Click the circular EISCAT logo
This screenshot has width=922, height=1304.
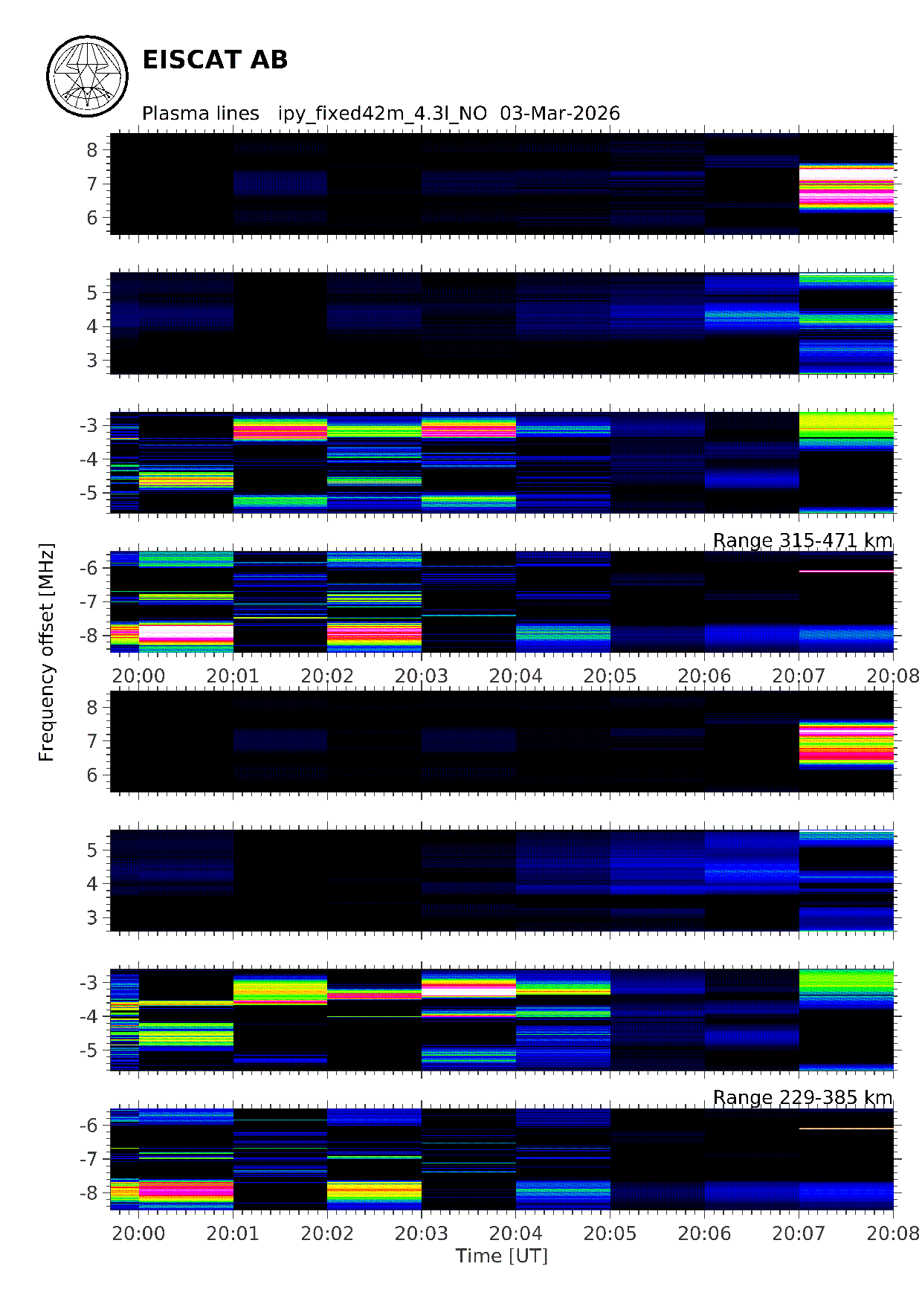point(87,76)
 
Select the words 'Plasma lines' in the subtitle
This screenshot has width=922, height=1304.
point(200,114)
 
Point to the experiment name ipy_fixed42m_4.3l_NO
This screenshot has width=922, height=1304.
point(382,114)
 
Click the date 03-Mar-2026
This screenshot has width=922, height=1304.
point(559,114)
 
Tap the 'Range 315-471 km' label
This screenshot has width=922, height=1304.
point(802,540)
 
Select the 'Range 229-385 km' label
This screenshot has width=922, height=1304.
point(802,1098)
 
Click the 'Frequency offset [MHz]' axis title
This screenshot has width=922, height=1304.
point(47,652)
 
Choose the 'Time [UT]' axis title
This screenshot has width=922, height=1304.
point(501,1256)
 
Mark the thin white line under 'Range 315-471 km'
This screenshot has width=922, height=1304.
point(846,571)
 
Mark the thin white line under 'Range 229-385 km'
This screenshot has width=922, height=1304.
point(846,1129)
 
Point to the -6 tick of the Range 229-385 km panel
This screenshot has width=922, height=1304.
point(89,1126)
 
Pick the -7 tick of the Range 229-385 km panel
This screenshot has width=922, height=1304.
point(89,1159)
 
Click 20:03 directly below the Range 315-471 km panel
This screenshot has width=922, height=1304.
point(422,676)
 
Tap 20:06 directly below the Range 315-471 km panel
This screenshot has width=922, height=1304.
point(704,676)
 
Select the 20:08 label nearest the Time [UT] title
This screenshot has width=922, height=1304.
point(893,1233)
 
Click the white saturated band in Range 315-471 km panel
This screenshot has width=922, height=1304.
point(186,633)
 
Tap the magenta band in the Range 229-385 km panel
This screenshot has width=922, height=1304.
point(186,1192)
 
